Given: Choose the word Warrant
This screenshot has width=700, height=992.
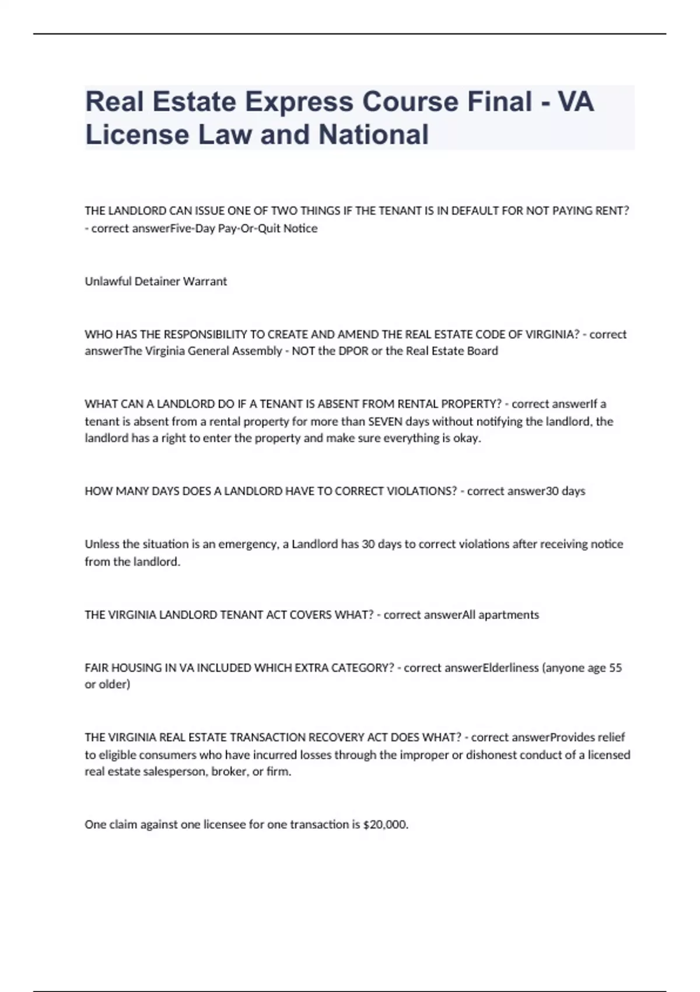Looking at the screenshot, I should tap(205, 281).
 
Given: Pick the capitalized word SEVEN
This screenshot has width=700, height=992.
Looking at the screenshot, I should tap(386, 421).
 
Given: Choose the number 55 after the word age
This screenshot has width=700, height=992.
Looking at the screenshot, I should tap(615, 668).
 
